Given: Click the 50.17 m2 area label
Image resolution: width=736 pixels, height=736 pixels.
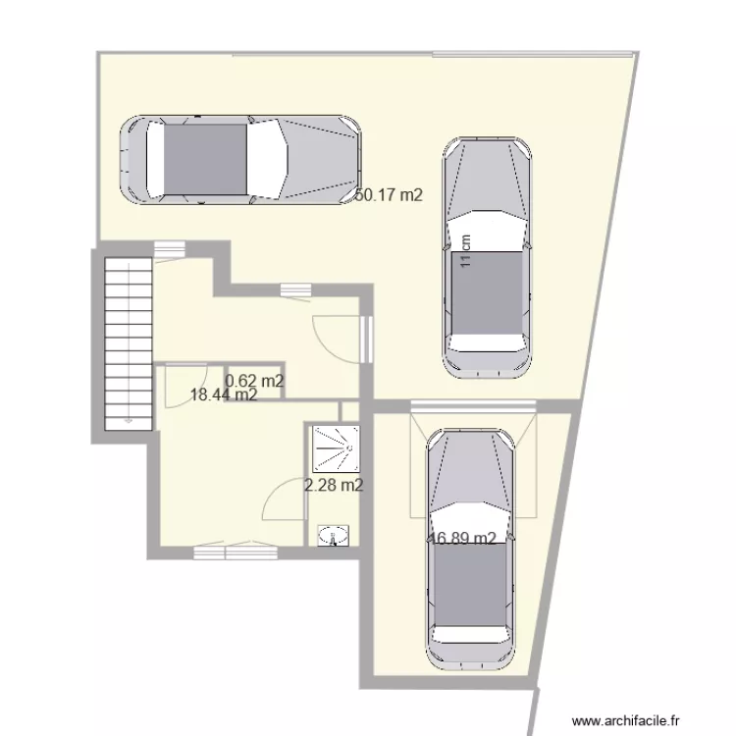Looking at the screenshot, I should [x=389, y=195].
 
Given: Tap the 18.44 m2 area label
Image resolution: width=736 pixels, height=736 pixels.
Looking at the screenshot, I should [x=224, y=395].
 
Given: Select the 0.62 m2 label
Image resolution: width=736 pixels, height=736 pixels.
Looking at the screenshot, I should [x=255, y=381].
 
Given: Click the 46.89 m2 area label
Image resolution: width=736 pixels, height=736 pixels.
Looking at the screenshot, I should [x=462, y=538].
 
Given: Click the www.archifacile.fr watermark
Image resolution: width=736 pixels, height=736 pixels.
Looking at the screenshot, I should [x=631, y=719].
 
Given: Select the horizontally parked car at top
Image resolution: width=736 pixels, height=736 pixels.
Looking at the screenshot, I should [x=239, y=159].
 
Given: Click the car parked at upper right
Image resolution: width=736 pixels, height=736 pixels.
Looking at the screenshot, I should [x=488, y=257].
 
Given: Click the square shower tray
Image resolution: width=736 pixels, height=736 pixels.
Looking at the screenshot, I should [x=334, y=449].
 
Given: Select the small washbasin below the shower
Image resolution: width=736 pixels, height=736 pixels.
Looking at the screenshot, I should [x=334, y=535].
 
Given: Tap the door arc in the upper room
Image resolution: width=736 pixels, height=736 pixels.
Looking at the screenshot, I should [x=336, y=339].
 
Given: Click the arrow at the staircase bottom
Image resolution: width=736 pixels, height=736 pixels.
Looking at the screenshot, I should [x=127, y=418].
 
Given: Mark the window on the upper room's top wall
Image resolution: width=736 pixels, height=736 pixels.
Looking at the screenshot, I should [x=294, y=289].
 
